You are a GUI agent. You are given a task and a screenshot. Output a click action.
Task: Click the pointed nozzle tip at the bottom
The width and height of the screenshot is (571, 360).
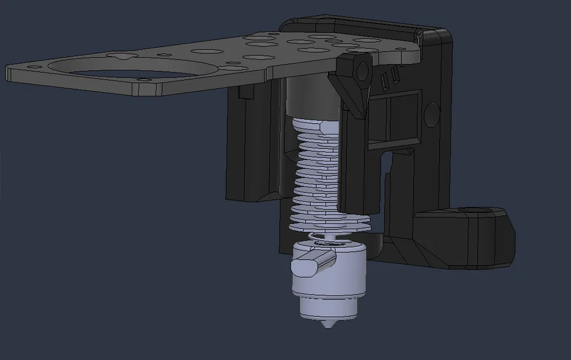[328, 325]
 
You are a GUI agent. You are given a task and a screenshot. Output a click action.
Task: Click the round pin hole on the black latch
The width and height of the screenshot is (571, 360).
[362, 70]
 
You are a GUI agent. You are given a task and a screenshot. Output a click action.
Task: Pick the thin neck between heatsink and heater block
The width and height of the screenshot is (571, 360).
[329, 236]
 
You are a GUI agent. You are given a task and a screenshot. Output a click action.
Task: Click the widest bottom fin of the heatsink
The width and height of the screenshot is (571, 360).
[328, 225]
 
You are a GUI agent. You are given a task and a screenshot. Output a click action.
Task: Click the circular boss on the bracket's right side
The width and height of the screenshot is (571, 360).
[429, 114]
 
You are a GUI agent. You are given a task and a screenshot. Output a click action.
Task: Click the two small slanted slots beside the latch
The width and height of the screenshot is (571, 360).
[390, 78]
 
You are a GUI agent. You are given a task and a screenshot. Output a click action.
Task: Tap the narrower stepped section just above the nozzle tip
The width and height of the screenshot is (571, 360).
[327, 310]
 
